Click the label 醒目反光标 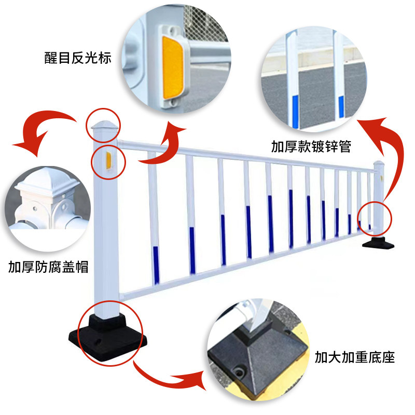pos(78,58)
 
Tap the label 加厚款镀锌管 pos(311,147)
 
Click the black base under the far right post pos(378,243)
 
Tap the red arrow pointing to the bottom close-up pos(166,381)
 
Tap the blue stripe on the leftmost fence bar pos(156,265)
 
